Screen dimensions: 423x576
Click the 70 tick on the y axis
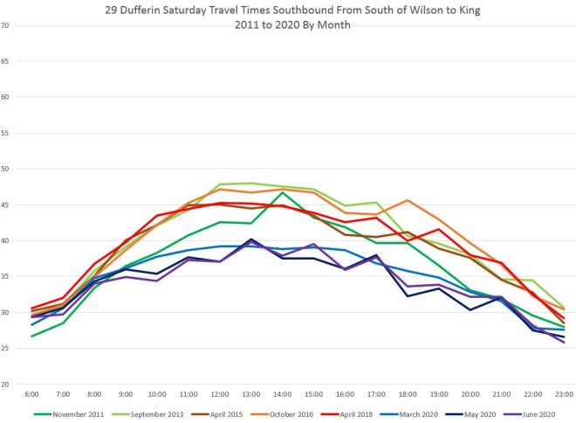5,24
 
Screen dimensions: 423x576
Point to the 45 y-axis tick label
5,205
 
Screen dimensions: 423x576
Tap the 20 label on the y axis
5,384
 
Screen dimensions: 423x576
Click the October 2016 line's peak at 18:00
408,200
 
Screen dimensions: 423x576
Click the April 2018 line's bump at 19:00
438,229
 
